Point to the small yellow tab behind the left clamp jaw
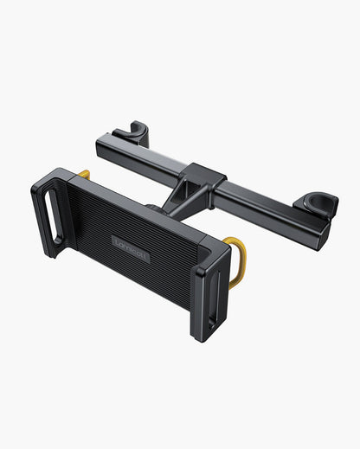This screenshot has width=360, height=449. pos(84,175)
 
